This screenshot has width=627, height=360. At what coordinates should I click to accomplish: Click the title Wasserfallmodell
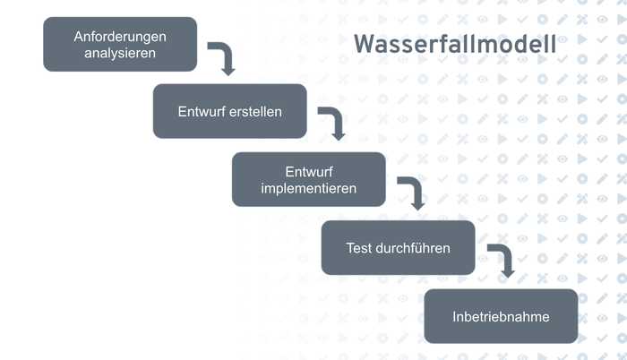click(x=454, y=45)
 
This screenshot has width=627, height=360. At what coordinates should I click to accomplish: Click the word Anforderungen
click(x=120, y=36)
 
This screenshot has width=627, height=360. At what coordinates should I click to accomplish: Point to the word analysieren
click(x=120, y=52)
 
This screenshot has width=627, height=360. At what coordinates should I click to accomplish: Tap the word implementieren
click(x=308, y=188)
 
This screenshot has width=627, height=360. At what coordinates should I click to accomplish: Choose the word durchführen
click(x=413, y=247)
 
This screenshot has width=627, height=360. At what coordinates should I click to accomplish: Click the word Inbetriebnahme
click(x=501, y=316)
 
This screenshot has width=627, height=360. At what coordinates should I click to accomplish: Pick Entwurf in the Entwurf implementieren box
click(x=308, y=171)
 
